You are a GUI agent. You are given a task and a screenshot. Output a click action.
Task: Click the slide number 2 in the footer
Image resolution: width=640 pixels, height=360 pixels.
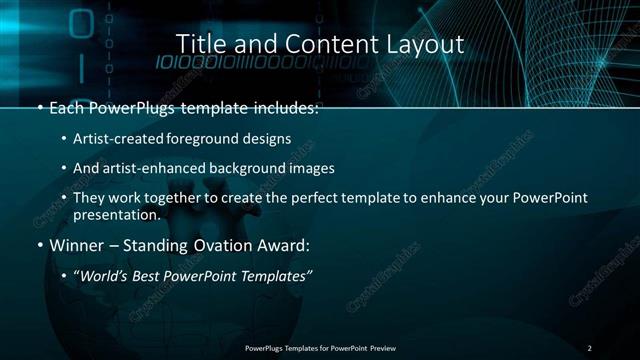[589, 348]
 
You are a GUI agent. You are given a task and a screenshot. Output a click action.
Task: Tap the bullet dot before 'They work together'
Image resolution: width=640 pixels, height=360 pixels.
[63, 198]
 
